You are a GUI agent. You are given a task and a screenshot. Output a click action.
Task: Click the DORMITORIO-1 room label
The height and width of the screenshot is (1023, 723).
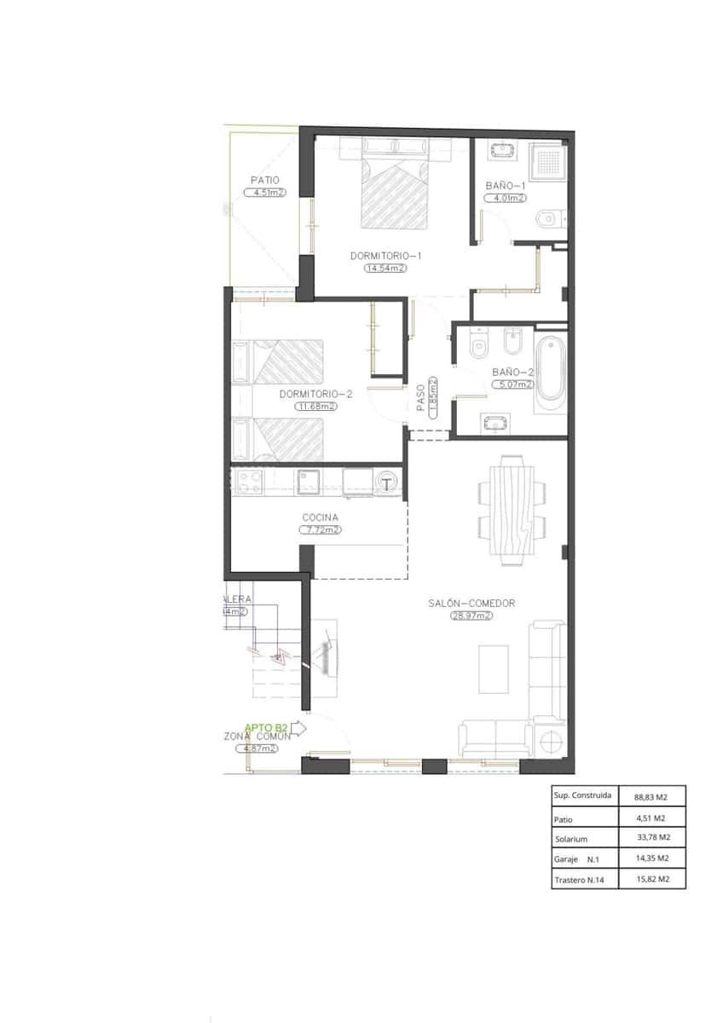point(386,256)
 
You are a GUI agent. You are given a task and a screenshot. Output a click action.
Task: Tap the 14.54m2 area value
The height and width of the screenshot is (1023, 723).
point(385,268)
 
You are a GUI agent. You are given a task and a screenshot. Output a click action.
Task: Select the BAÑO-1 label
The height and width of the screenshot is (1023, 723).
point(506,185)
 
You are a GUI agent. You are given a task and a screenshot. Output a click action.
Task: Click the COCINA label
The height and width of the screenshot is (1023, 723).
point(320,517)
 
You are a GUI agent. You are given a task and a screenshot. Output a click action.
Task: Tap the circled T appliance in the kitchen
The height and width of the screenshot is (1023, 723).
point(388,484)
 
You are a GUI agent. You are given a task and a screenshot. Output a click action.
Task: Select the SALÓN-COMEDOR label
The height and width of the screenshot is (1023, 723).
point(471,604)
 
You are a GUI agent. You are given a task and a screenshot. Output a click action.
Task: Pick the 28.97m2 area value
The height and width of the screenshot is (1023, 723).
point(471,616)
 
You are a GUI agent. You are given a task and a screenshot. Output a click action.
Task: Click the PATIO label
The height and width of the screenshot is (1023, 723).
point(265,180)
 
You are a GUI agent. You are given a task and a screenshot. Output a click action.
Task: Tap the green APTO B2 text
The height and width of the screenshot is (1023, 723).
point(266,728)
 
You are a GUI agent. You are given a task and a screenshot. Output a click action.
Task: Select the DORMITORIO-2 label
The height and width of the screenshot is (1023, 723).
point(315,395)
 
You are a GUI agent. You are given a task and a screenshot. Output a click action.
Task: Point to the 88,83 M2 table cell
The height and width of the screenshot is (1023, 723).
point(650,797)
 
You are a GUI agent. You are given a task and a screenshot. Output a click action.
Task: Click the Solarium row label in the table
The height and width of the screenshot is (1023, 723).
point(571,839)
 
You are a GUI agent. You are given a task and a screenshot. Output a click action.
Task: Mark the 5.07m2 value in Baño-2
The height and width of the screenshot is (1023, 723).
point(512,384)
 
